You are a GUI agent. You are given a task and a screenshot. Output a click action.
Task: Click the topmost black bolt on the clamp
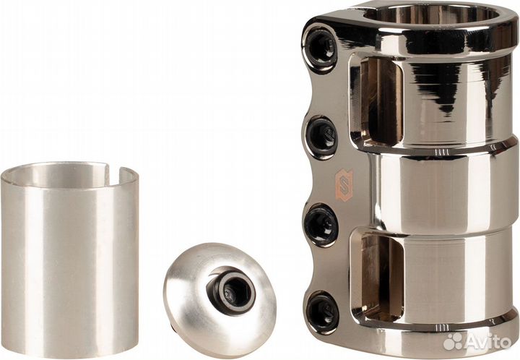click(321, 47)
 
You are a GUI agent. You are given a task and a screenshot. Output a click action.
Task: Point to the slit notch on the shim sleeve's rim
click(106, 171)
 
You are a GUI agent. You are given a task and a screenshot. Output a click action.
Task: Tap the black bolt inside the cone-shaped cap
click(230, 291)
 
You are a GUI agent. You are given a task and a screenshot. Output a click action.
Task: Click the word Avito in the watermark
click(487, 341)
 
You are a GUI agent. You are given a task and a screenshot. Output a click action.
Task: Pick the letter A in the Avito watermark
click(472, 341)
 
